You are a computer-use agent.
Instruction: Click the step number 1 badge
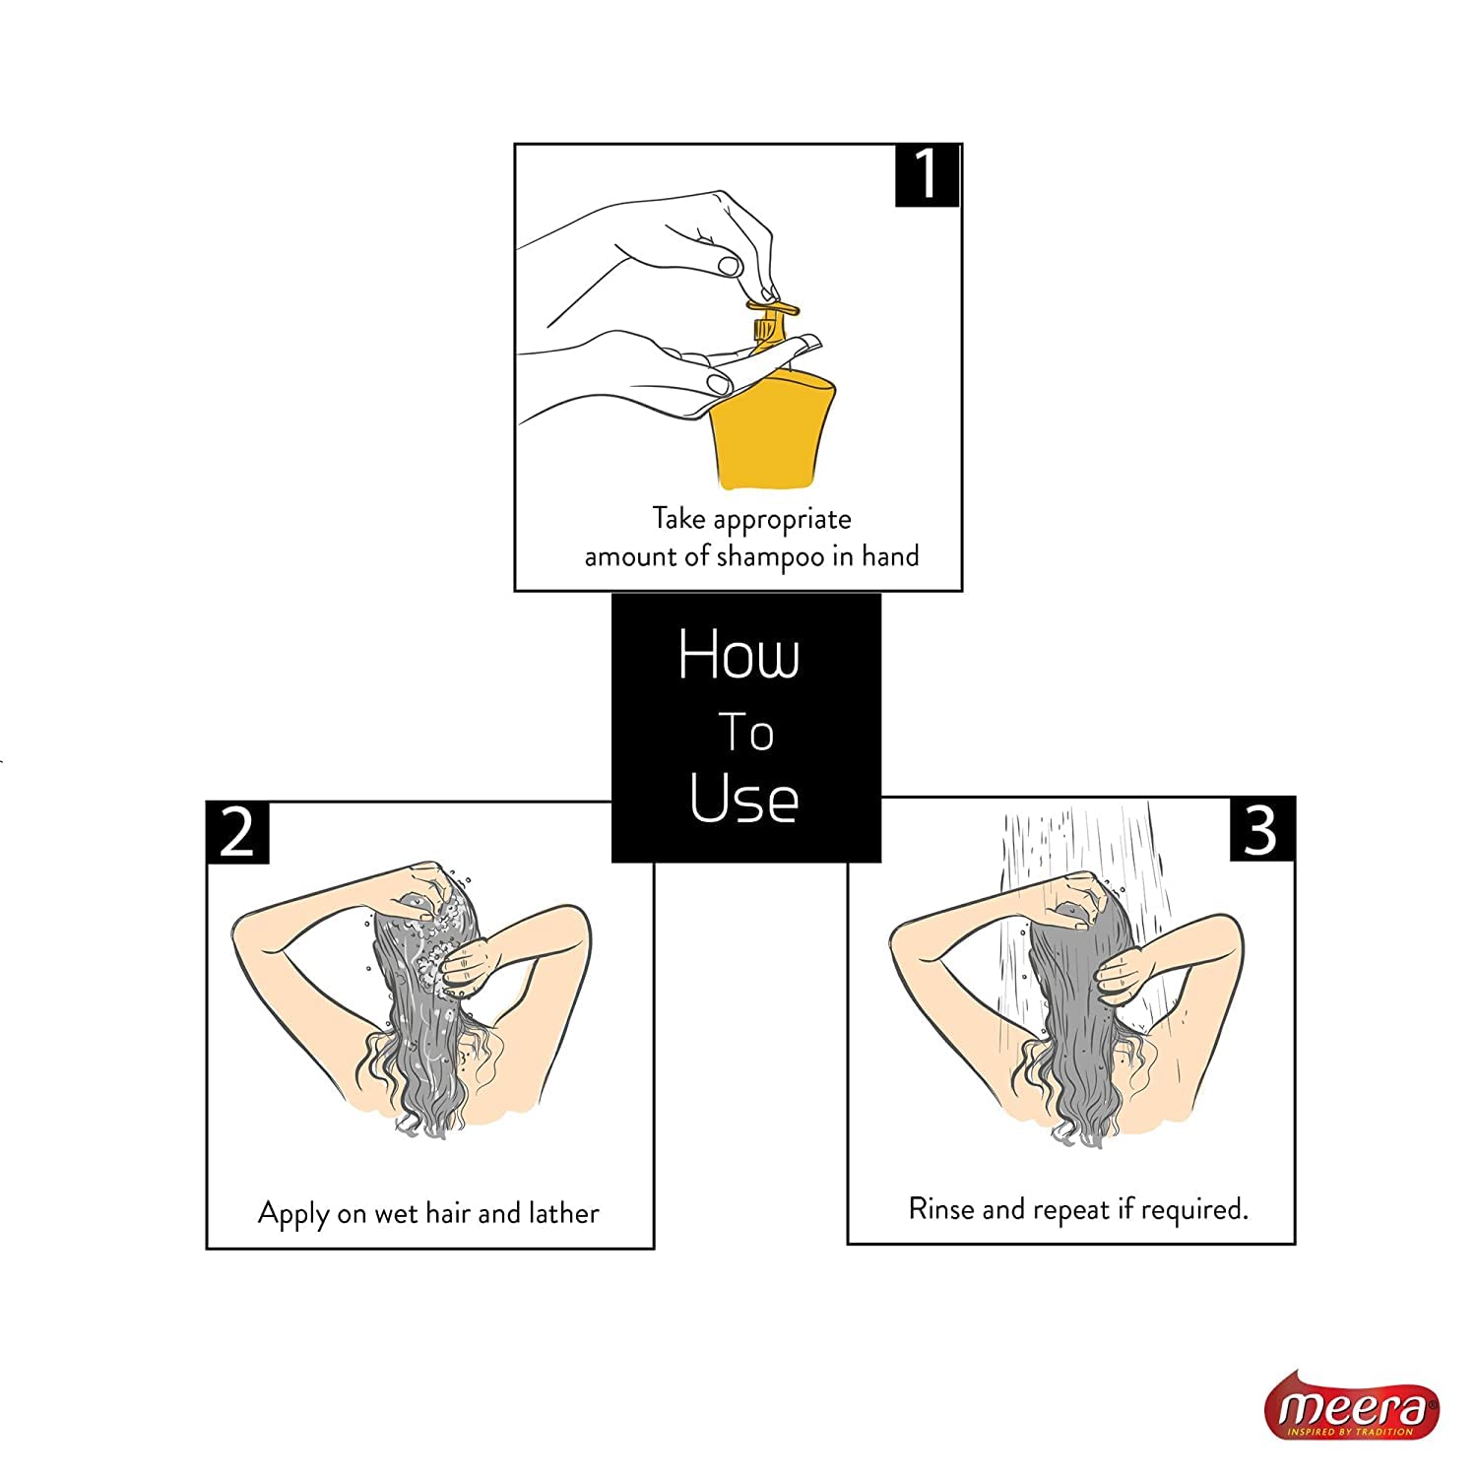tap(927, 175)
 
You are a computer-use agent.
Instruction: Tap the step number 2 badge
tap(237, 833)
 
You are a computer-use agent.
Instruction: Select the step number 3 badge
tap(1262, 830)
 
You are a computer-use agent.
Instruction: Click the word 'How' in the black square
tap(738, 655)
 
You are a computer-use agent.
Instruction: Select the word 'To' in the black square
tap(745, 733)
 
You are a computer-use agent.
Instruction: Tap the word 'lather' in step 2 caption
tap(563, 1212)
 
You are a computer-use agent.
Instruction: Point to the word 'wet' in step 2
tap(397, 1214)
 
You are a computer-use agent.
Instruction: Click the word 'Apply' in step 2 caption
tap(293, 1214)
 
